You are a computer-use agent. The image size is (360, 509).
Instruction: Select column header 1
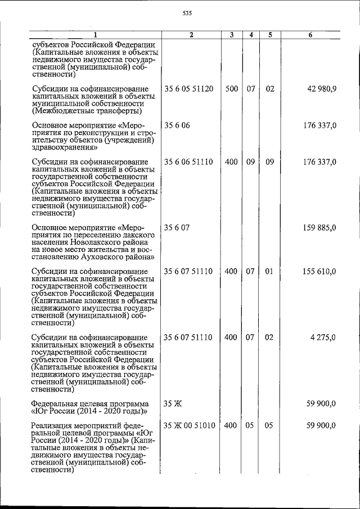point(95,35)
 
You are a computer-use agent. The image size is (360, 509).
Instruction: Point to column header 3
point(231,35)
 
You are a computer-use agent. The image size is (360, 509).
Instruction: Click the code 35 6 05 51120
point(188,89)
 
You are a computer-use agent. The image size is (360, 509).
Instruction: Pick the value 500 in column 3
point(231,89)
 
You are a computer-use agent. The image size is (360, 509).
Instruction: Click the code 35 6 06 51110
point(188,162)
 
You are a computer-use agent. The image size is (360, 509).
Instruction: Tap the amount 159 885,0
point(319,228)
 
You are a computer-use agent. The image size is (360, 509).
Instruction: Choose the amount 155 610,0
point(319,272)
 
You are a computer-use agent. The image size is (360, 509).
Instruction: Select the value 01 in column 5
point(269,272)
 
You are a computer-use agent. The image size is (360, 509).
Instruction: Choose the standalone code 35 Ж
point(171,403)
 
